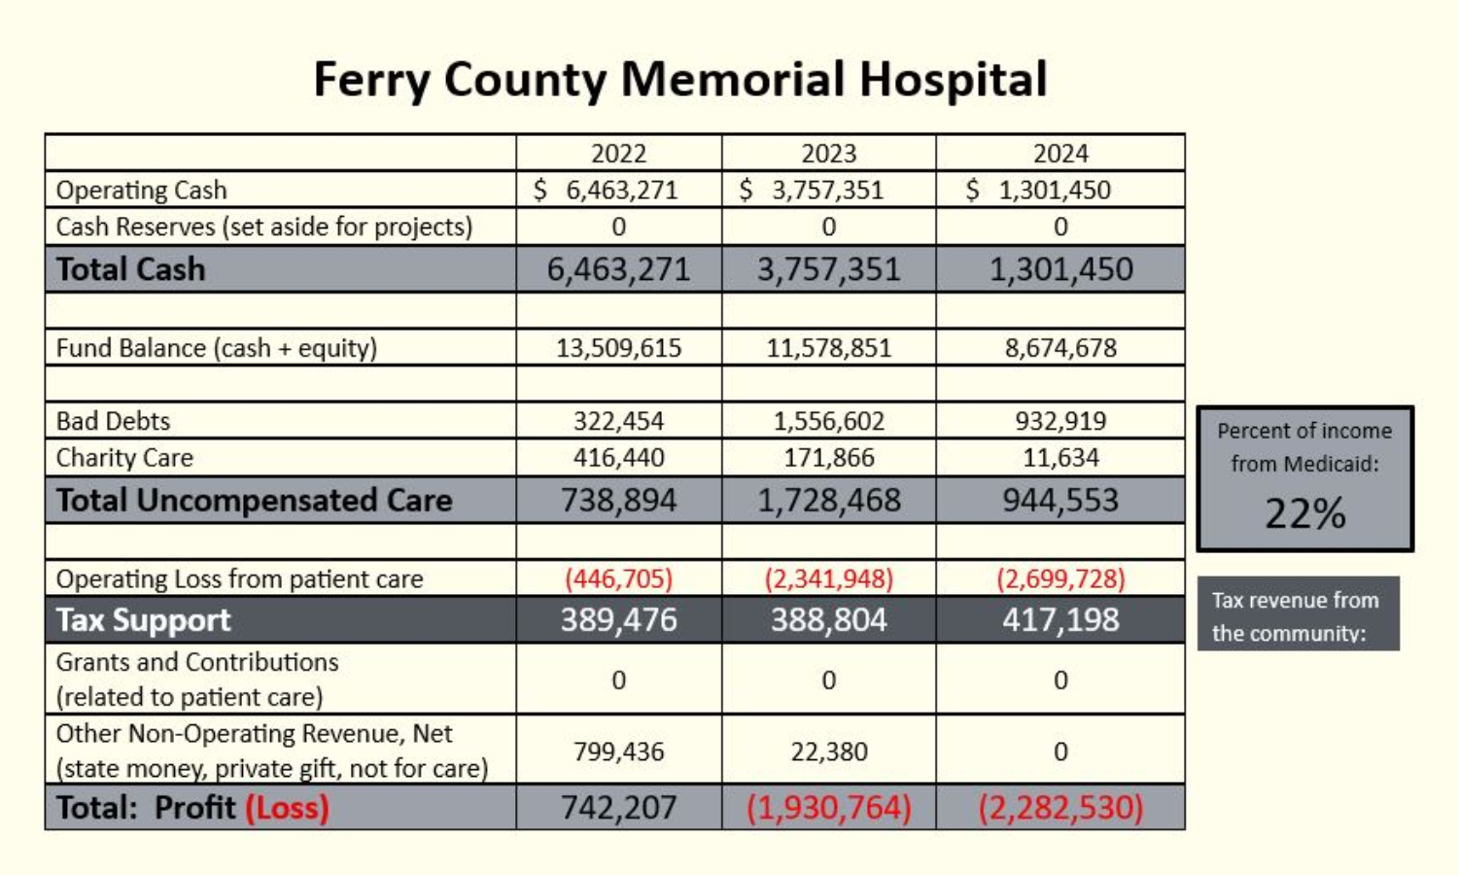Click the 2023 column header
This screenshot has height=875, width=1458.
[x=828, y=154]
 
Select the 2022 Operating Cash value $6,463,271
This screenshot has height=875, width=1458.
[x=607, y=190]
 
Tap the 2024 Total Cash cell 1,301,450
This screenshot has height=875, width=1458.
[x=1060, y=269]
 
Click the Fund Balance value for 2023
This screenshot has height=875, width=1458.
[x=828, y=348]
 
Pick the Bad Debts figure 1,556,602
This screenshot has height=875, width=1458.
[x=828, y=421]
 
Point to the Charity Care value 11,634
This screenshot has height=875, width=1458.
[x=1060, y=457]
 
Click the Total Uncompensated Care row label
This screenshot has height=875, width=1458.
[x=254, y=500]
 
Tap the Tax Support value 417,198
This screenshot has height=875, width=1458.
[x=1060, y=619]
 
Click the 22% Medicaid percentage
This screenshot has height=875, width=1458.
[x=1304, y=513]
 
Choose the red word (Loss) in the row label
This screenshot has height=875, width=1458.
[x=287, y=807]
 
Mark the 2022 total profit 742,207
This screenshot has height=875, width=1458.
[x=618, y=807]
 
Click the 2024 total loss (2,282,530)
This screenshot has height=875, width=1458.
[x=1060, y=807]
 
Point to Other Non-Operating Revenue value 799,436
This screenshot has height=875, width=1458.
[x=618, y=752]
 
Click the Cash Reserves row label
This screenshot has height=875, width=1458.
[x=263, y=227]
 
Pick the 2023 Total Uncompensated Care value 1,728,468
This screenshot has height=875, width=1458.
[x=828, y=500]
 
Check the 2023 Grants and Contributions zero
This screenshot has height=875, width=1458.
[x=828, y=680]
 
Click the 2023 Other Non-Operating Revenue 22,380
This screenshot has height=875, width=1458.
[x=828, y=752]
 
